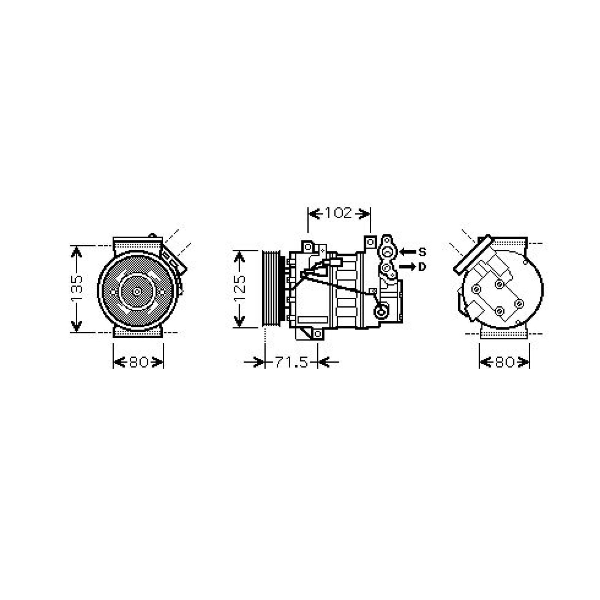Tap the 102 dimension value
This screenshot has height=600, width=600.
coord(339,213)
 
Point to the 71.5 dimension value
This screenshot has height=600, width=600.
coord(291,362)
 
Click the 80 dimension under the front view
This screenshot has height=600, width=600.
coord(138,362)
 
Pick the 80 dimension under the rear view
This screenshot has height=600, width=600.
coord(504,362)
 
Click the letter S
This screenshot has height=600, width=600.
coord(422,252)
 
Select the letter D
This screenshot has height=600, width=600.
coord(422,267)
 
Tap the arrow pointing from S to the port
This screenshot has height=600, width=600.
coord(408,252)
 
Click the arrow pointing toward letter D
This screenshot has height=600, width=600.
coord(408,267)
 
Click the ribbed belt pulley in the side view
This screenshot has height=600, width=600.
coord(270,289)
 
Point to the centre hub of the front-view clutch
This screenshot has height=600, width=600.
coord(137,291)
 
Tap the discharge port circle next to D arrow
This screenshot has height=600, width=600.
coord(386,267)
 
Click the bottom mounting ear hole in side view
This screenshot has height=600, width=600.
coord(317,333)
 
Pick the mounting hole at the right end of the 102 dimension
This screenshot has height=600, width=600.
coord(370,242)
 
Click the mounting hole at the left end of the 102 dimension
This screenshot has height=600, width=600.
coord(308,247)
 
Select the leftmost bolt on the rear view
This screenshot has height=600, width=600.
coord(476,289)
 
